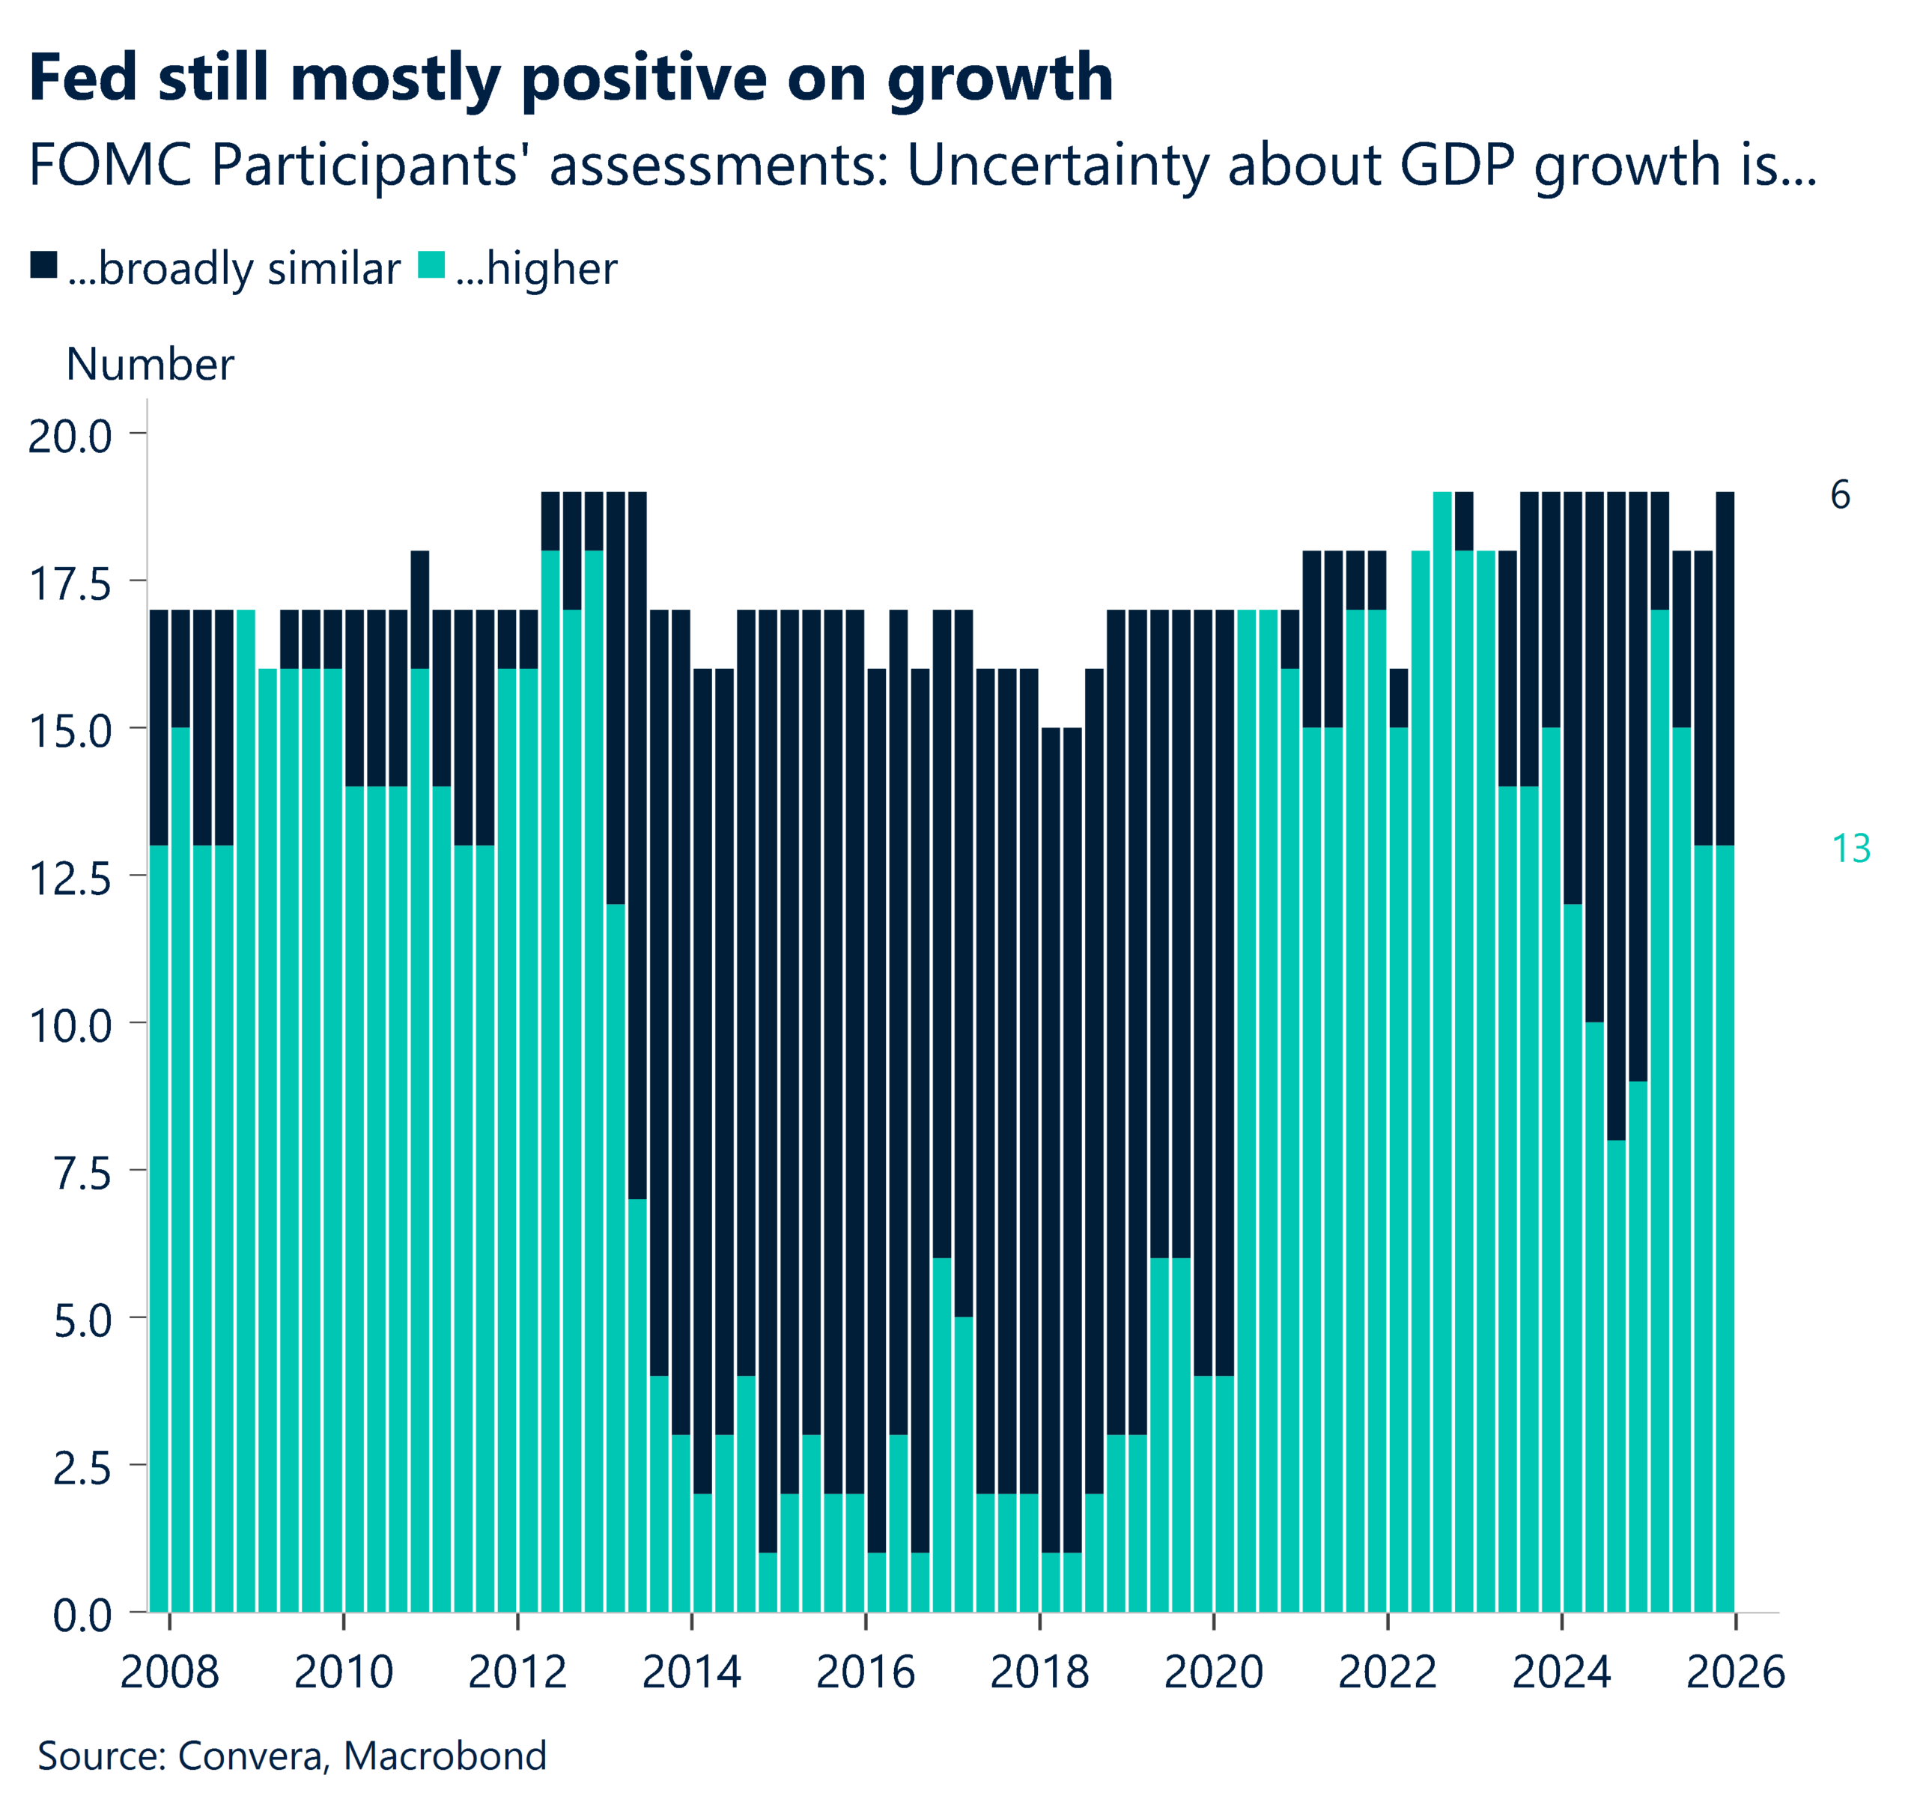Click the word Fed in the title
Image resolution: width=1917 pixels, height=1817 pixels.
[x=83, y=77]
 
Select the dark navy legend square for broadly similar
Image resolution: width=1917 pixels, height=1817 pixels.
[x=43, y=264]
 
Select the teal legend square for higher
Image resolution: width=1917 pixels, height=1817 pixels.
[x=431, y=264]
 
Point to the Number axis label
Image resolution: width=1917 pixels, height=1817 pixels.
[x=150, y=365]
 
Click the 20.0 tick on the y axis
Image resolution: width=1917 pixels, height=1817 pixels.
[x=70, y=436]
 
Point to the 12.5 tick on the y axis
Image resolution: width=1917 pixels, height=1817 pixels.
[x=70, y=879]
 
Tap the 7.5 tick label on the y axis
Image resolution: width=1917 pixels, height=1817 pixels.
[x=82, y=1173]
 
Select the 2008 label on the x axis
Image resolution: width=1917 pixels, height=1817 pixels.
[x=169, y=1672]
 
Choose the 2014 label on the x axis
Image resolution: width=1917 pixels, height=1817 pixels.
[x=691, y=1672]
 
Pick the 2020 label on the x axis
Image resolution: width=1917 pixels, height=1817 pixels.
[x=1213, y=1672]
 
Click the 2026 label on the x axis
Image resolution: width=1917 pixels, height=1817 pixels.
[x=1735, y=1672]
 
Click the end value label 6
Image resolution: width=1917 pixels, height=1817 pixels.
[x=1840, y=495]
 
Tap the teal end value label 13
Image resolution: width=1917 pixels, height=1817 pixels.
[x=1850, y=849]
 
